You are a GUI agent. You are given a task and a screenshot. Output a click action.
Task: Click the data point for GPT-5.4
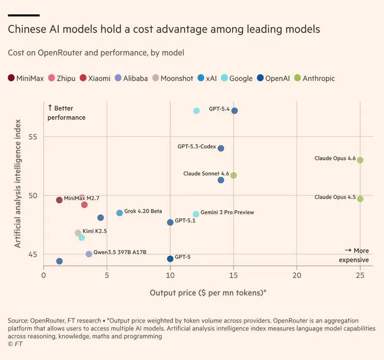click(x=235, y=111)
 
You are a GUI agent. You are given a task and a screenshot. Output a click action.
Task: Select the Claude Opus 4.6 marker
click(x=360, y=160)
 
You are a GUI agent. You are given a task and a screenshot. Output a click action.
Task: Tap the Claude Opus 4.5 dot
click(x=360, y=199)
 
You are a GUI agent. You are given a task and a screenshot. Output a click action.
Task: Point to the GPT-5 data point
click(x=170, y=259)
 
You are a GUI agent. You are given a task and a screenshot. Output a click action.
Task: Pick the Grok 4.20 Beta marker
click(x=120, y=213)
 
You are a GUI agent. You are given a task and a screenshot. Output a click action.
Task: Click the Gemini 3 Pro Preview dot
click(x=196, y=214)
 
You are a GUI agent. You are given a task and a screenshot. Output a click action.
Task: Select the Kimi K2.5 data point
click(x=78, y=233)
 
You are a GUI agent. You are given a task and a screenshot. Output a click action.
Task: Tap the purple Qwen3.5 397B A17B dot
click(x=89, y=254)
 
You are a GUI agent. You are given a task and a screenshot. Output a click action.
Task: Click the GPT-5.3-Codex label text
click(x=197, y=147)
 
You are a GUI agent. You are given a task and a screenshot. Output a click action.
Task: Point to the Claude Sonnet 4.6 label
click(x=206, y=174)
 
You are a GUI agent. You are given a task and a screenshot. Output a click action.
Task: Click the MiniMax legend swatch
click(x=11, y=78)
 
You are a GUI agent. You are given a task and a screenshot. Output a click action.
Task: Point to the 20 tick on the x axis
click(x=297, y=275)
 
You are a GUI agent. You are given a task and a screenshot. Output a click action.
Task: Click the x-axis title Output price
click(x=208, y=293)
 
